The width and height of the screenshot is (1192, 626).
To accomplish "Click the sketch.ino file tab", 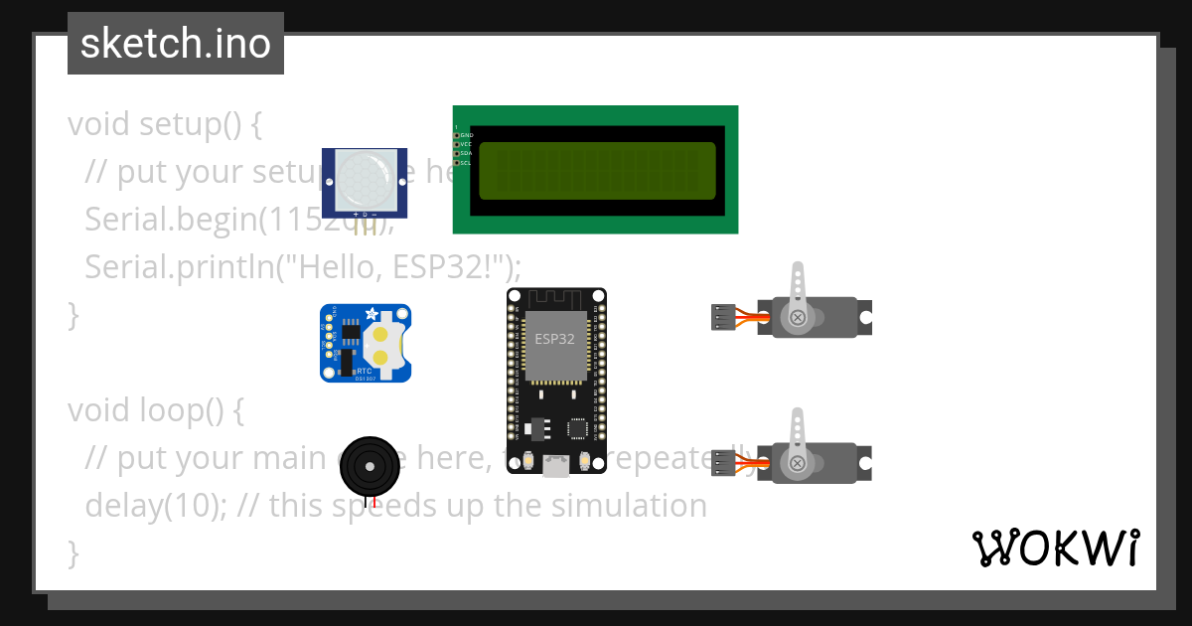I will tap(176, 44).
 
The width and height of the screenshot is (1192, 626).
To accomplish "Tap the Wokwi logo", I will tap(1056, 548).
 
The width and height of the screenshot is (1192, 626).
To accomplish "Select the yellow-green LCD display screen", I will tap(597, 171).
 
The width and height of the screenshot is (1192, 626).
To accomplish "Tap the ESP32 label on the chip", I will tap(554, 339).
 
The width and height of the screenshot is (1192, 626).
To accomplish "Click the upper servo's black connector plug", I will tap(722, 317).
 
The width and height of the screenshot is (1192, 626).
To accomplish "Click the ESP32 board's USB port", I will tap(556, 465).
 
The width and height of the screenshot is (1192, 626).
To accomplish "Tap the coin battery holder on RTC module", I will tap(381, 343).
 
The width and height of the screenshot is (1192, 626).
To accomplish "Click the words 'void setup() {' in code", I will tap(165, 124).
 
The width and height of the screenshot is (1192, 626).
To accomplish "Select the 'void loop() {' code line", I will tap(156, 409).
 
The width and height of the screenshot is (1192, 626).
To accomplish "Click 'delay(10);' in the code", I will tap(158, 505).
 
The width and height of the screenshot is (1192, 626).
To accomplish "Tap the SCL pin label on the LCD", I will tap(465, 162).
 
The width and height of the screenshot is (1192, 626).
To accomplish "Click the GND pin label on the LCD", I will tap(466, 135).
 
